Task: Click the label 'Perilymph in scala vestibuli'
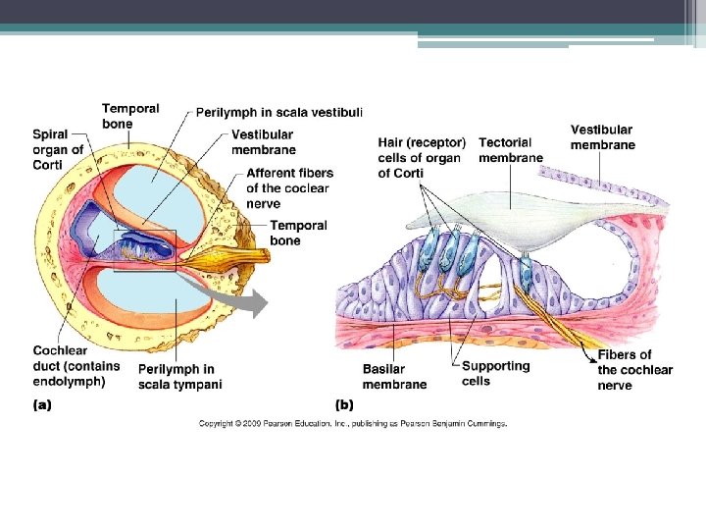279,113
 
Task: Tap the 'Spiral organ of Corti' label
58,150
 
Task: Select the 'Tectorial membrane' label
510,150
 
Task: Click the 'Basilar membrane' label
394,376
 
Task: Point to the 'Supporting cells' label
495,373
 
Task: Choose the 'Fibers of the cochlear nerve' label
635,370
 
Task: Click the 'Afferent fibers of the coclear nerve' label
287,188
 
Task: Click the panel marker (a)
42,403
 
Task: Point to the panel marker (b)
344,403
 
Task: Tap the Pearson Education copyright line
353,423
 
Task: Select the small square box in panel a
145,249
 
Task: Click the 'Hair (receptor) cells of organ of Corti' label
422,158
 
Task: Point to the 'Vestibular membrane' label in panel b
602,137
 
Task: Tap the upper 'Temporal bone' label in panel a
130,116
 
